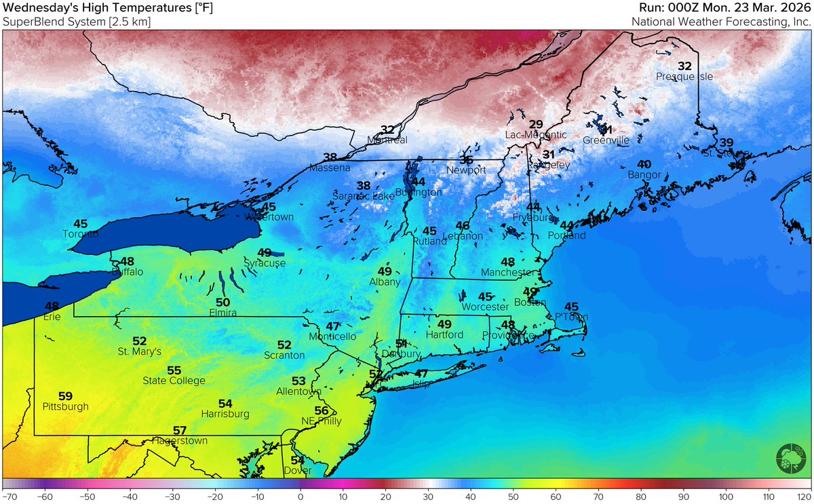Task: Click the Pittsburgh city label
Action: pos(65,407)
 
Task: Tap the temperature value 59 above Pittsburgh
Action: pos(65,396)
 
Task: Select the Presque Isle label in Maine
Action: pos(684,77)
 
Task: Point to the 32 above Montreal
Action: pos(387,130)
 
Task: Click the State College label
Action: pos(174,381)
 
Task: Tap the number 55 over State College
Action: pos(174,370)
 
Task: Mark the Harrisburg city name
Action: pos(225,414)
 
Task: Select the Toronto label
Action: pos(81,234)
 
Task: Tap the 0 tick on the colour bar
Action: pos(300,497)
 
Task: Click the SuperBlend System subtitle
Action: pos(77,22)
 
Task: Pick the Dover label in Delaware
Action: pos(298,471)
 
